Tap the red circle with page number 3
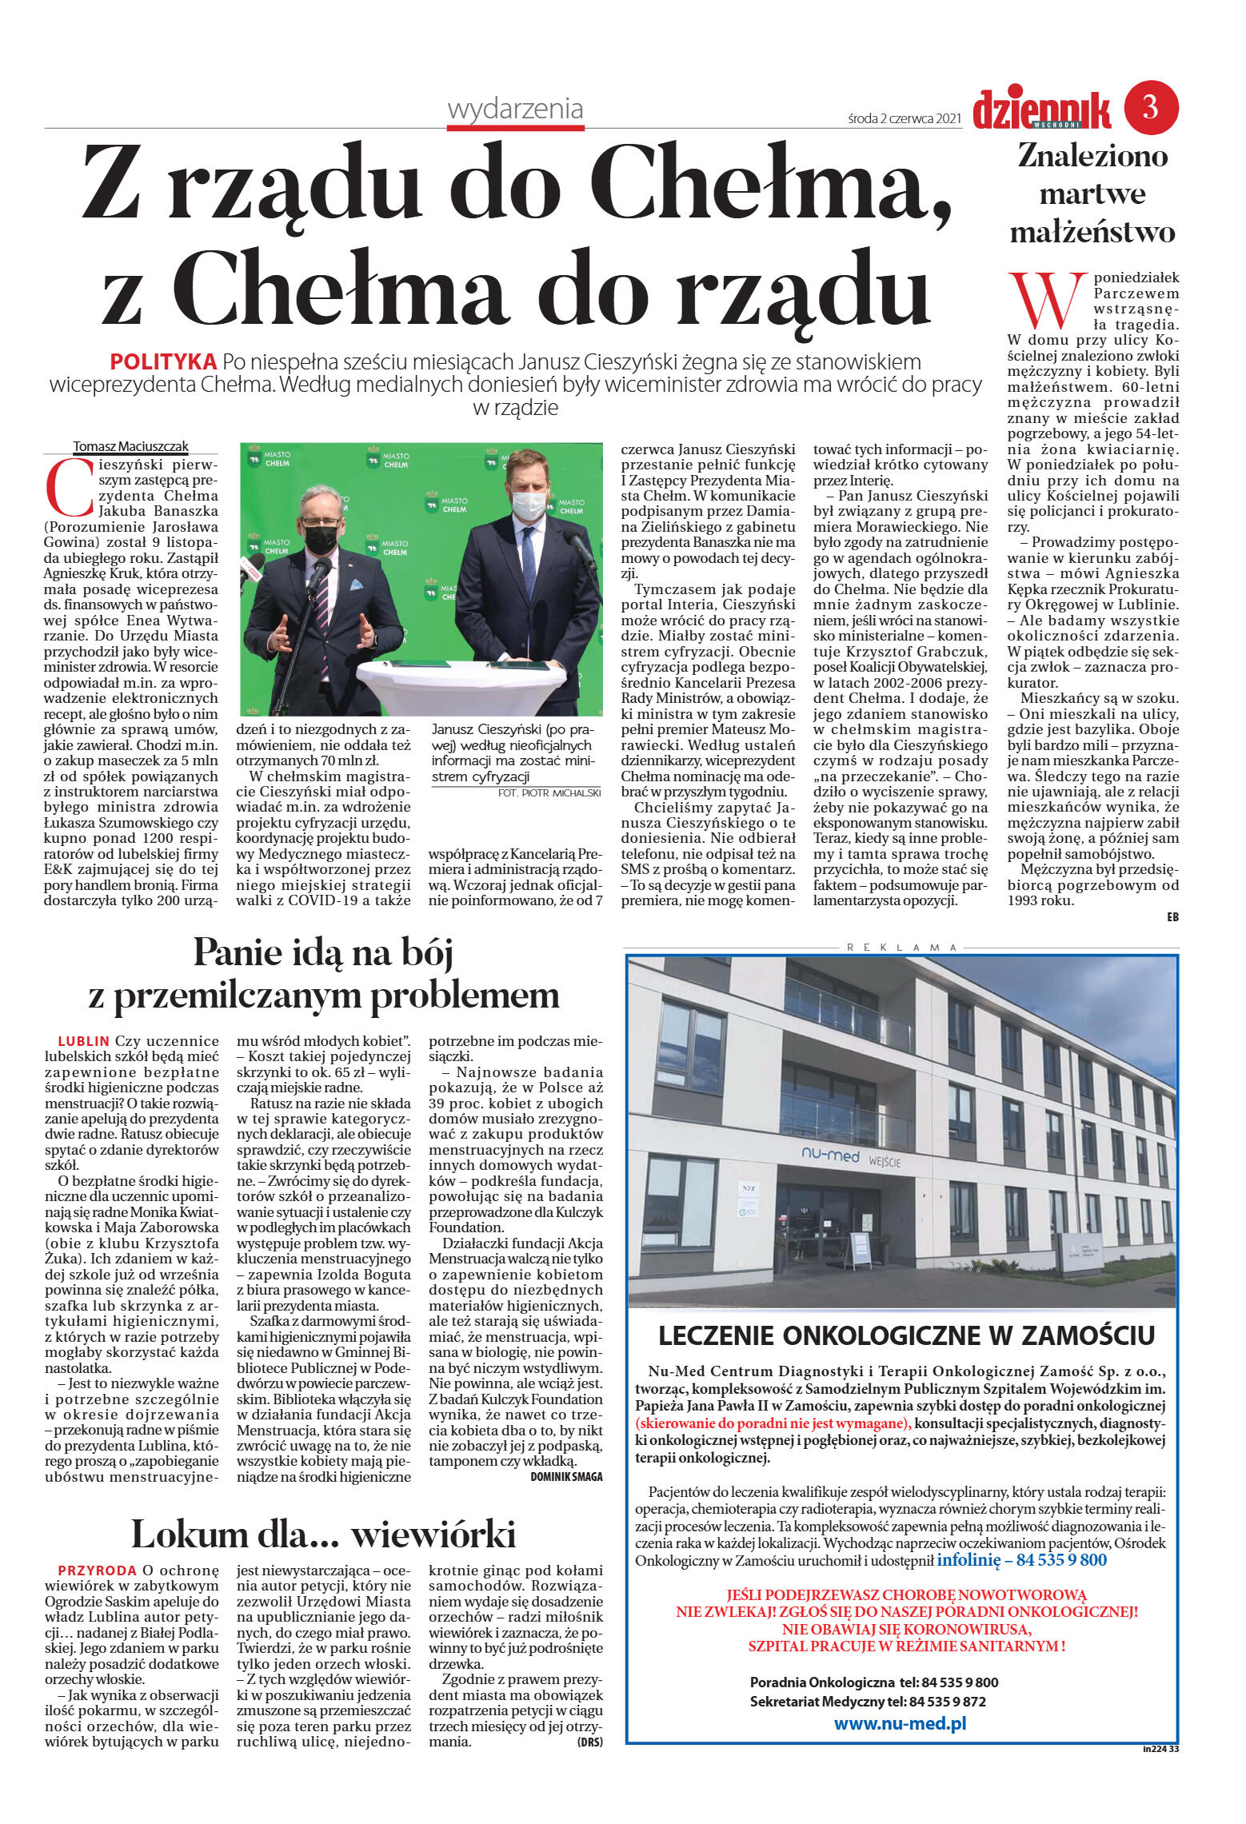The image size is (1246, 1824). pyautogui.click(x=1151, y=106)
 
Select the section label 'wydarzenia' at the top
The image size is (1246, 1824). pyautogui.click(x=515, y=110)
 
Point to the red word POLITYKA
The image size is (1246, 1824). pyautogui.click(x=163, y=361)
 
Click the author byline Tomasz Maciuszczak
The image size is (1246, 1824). pyautogui.click(x=131, y=446)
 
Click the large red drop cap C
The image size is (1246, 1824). pyautogui.click(x=68, y=487)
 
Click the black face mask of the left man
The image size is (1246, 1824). pyautogui.click(x=321, y=539)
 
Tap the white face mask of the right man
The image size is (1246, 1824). pyautogui.click(x=528, y=503)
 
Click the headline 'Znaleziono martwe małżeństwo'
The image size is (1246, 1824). pyautogui.click(x=1092, y=194)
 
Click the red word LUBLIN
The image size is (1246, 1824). pyautogui.click(x=83, y=1041)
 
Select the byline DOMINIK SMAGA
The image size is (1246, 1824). pyautogui.click(x=566, y=1476)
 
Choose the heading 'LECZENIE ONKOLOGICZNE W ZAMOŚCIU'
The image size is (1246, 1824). pyautogui.click(x=906, y=1335)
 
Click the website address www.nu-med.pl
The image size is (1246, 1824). pyautogui.click(x=900, y=1723)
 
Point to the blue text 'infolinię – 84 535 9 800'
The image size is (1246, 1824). pyautogui.click(x=1021, y=1559)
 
